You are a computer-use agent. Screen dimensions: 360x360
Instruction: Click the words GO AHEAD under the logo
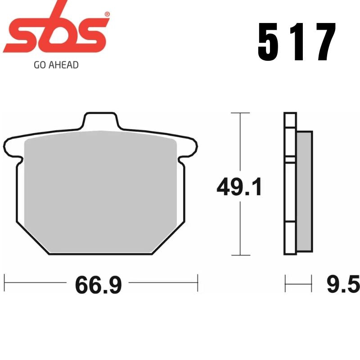pyautogui.click(x=56, y=65)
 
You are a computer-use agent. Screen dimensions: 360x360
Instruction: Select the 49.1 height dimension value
pyautogui.click(x=239, y=187)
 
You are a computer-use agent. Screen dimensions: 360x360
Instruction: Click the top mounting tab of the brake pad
pyautogui.click(x=100, y=121)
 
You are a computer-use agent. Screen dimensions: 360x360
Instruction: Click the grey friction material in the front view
pyautogui.click(x=100, y=189)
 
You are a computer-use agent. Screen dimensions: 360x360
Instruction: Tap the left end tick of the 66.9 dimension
pyautogui.click(x=4, y=283)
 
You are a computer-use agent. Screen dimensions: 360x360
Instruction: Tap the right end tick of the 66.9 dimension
pyautogui.click(x=198, y=283)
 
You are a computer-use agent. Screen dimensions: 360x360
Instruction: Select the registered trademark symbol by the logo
pyautogui.click(x=107, y=14)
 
